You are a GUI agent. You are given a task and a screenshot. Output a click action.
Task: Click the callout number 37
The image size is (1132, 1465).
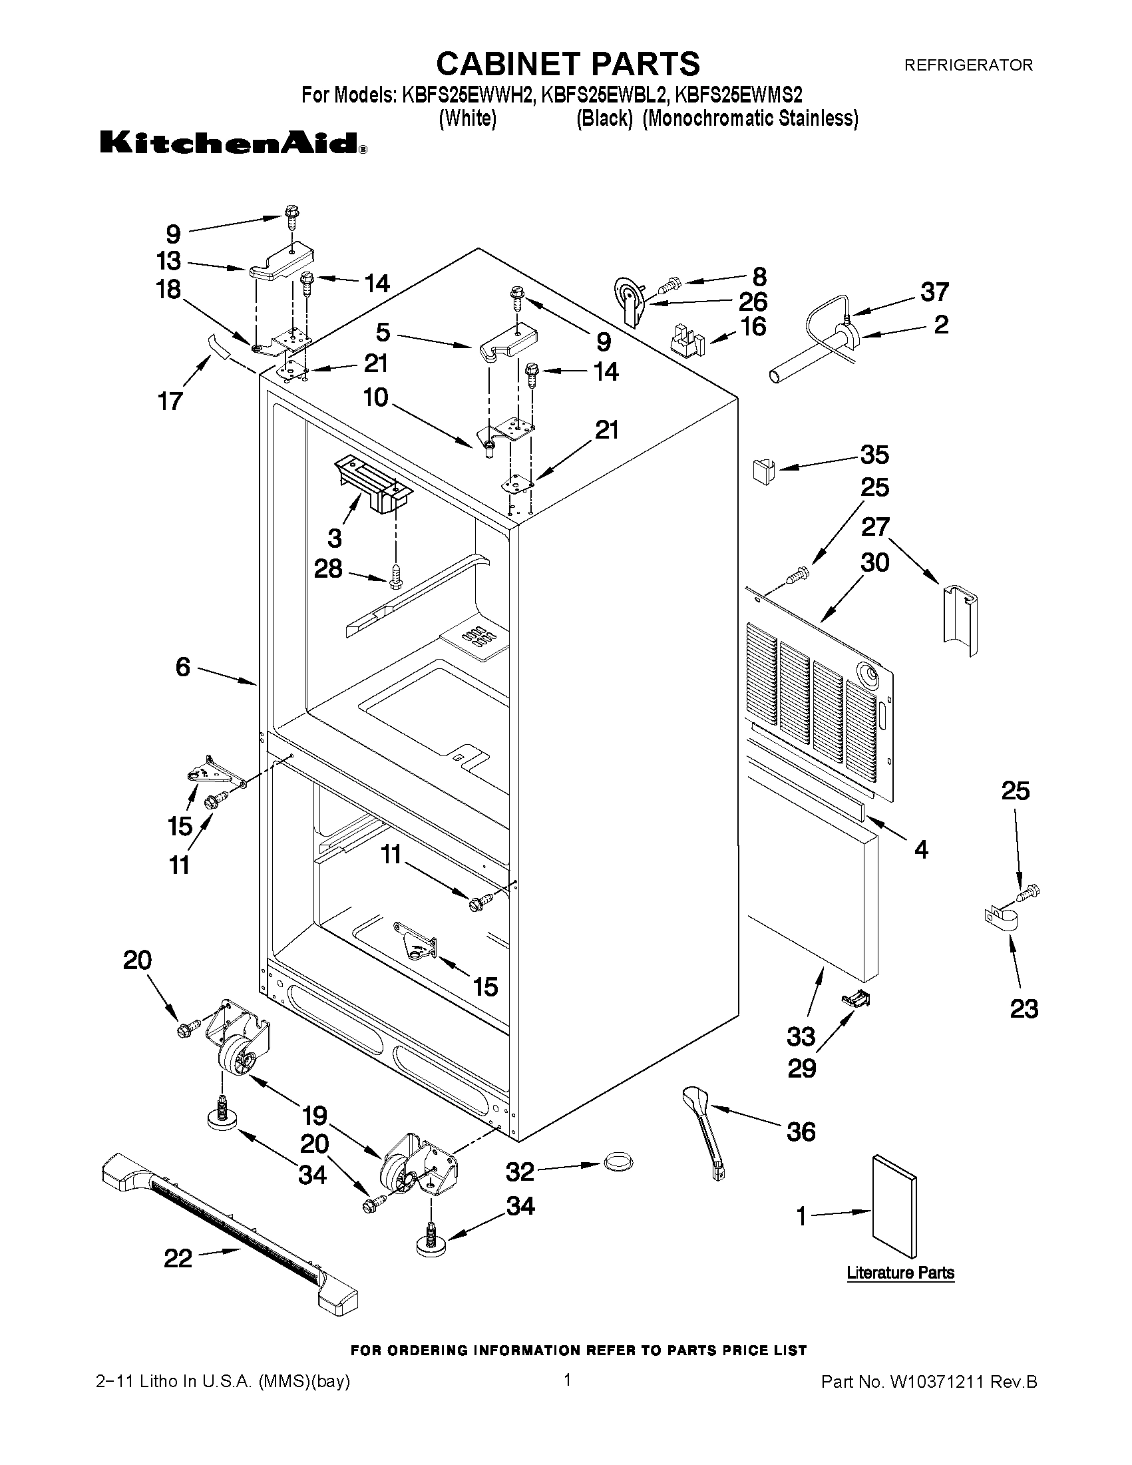click(x=934, y=292)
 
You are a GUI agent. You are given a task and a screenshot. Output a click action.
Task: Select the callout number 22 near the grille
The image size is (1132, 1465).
click(x=178, y=1258)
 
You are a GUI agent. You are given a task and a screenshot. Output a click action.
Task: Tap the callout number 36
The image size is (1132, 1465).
click(x=801, y=1132)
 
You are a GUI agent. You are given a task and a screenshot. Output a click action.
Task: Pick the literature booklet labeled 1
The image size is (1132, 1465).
click(x=894, y=1207)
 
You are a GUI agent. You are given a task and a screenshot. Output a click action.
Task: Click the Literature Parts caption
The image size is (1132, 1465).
click(x=900, y=1273)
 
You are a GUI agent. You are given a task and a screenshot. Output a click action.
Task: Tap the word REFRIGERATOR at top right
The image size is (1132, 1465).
click(x=968, y=65)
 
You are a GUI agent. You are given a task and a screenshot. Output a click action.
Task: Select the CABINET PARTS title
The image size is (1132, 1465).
click(x=568, y=64)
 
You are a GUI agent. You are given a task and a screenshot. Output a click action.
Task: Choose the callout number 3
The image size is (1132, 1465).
click(x=335, y=537)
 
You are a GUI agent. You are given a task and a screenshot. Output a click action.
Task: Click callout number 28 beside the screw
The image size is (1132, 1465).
click(x=328, y=569)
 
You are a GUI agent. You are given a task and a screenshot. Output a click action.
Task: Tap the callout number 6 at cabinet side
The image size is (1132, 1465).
click(x=183, y=667)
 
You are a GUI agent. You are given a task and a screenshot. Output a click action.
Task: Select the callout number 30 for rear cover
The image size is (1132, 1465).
click(x=875, y=562)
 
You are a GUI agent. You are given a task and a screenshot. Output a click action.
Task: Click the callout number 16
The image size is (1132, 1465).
click(x=754, y=327)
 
